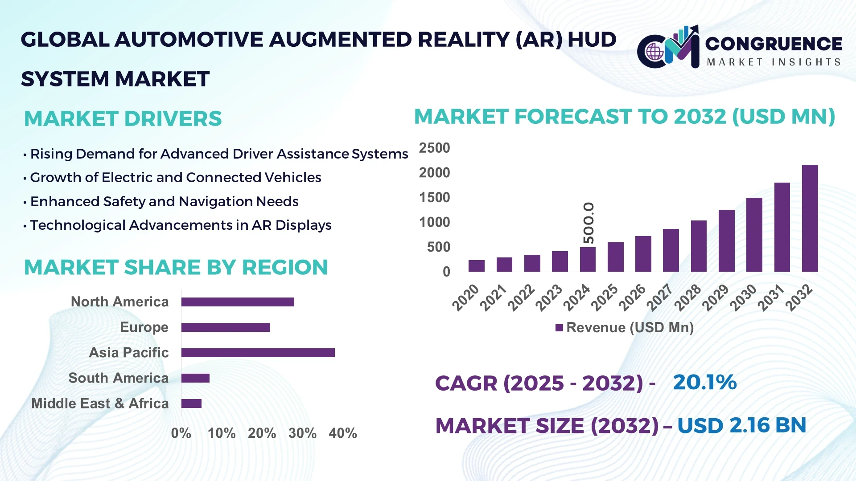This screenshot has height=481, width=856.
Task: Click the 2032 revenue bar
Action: (x=810, y=218)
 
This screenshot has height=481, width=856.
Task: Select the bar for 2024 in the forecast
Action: (x=588, y=259)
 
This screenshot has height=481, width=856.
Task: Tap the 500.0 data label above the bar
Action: (x=588, y=223)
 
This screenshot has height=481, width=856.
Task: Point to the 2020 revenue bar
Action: (x=476, y=266)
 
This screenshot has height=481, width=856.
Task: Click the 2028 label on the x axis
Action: (x=687, y=298)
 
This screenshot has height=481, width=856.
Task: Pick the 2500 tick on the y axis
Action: (x=434, y=148)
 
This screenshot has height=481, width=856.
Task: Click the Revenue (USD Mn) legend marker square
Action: (x=559, y=328)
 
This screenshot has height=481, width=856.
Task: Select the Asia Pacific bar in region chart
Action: (x=258, y=353)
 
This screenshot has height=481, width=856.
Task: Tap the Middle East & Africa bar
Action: (x=191, y=404)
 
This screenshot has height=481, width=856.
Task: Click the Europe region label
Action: (x=144, y=327)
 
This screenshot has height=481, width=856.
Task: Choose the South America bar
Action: (x=195, y=378)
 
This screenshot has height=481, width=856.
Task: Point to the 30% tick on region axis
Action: (x=302, y=433)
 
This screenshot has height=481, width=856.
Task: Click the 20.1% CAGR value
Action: (x=704, y=382)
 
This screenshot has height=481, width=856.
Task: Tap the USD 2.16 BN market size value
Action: (x=741, y=425)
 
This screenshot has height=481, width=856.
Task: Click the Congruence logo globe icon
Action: (x=654, y=52)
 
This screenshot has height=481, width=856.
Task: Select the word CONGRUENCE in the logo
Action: (x=774, y=44)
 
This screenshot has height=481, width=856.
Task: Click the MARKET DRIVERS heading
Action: (x=123, y=118)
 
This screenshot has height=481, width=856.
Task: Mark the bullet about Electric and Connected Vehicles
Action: (x=175, y=178)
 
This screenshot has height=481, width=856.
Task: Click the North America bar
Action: (x=238, y=302)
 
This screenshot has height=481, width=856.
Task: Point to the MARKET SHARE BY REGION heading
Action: (x=176, y=267)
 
